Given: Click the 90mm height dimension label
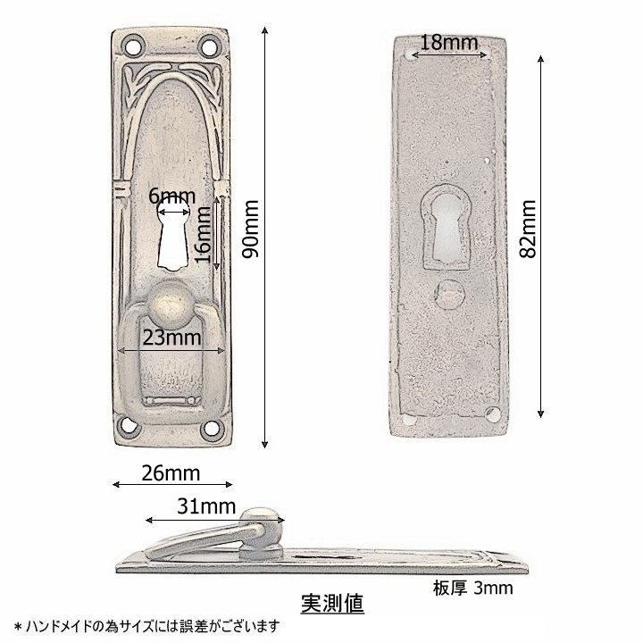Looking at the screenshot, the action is (251, 229).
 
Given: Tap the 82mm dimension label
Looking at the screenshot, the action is (528, 229).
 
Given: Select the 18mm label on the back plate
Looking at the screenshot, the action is (449, 43).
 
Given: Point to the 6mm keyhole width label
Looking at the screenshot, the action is (171, 196).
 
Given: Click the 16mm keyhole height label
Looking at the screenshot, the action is (202, 234).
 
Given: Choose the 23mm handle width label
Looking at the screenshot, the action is (171, 338).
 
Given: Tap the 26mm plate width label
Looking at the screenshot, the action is (171, 473).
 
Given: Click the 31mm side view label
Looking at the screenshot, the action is (206, 506).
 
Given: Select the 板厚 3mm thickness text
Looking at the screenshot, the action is (472, 589).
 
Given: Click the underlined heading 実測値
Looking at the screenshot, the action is (332, 604).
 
